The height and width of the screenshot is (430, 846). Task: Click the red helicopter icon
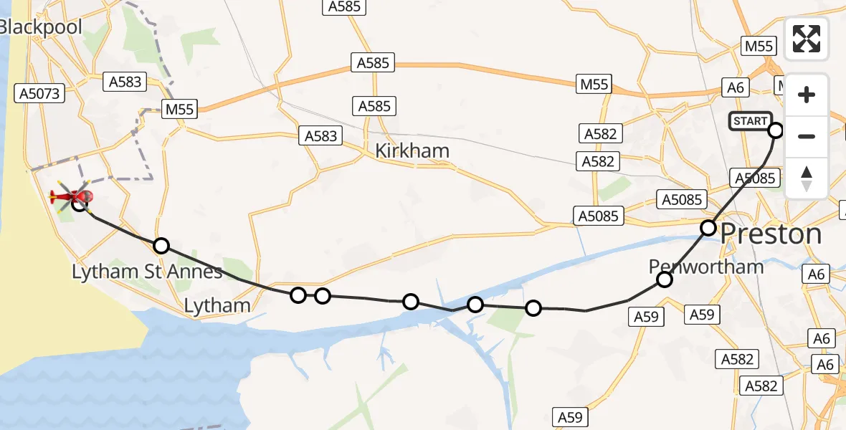(x=72, y=196)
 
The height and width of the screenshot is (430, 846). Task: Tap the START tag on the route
(x=750, y=121)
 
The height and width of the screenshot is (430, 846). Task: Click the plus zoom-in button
(x=807, y=95)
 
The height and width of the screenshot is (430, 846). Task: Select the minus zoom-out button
(x=807, y=136)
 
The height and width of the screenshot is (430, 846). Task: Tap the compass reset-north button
(x=807, y=178)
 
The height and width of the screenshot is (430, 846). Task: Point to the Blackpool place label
(x=41, y=27)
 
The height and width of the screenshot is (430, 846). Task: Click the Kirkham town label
(x=412, y=150)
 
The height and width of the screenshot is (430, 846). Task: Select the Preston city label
(x=770, y=234)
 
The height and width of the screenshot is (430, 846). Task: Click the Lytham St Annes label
(x=147, y=272)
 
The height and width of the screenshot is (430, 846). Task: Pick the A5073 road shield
(x=41, y=93)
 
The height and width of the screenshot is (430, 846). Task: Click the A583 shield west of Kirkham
(x=320, y=135)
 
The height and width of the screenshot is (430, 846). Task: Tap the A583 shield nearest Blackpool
(x=125, y=82)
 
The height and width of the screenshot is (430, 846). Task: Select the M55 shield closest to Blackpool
(x=179, y=110)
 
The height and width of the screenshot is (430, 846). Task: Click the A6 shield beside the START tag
(x=736, y=87)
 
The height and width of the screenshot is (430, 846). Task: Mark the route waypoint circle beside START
(x=776, y=130)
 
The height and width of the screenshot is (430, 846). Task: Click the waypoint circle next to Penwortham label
(x=665, y=279)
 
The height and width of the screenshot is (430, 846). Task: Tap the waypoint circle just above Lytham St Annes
(x=161, y=246)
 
